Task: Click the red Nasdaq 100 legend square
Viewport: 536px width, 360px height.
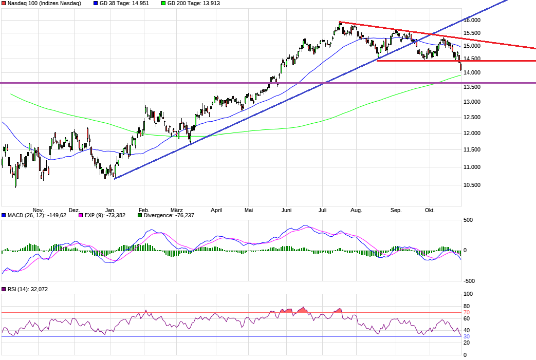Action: coord(4,4)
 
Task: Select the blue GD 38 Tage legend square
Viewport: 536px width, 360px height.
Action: coord(96,4)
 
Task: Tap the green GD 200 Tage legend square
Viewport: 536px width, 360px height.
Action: coord(163,4)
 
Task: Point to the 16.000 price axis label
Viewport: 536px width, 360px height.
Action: coord(472,20)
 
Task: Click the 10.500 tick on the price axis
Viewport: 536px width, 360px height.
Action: coord(472,185)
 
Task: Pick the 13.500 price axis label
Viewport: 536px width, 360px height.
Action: coord(472,87)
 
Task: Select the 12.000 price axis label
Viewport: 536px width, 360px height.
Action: coord(472,134)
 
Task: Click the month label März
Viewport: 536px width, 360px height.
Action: coord(177,210)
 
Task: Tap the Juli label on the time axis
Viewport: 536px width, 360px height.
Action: coord(323,210)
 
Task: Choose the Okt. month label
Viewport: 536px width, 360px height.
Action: coord(430,210)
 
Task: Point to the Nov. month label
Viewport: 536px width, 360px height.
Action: coord(38,210)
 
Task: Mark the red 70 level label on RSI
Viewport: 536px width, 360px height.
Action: coord(467,312)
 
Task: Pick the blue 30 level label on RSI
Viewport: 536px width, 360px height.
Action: coord(467,336)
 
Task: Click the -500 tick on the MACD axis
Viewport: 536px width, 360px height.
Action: coord(468,281)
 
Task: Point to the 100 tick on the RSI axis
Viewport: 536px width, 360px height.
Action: coord(468,294)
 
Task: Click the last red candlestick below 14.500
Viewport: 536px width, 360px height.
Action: coord(460,66)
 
